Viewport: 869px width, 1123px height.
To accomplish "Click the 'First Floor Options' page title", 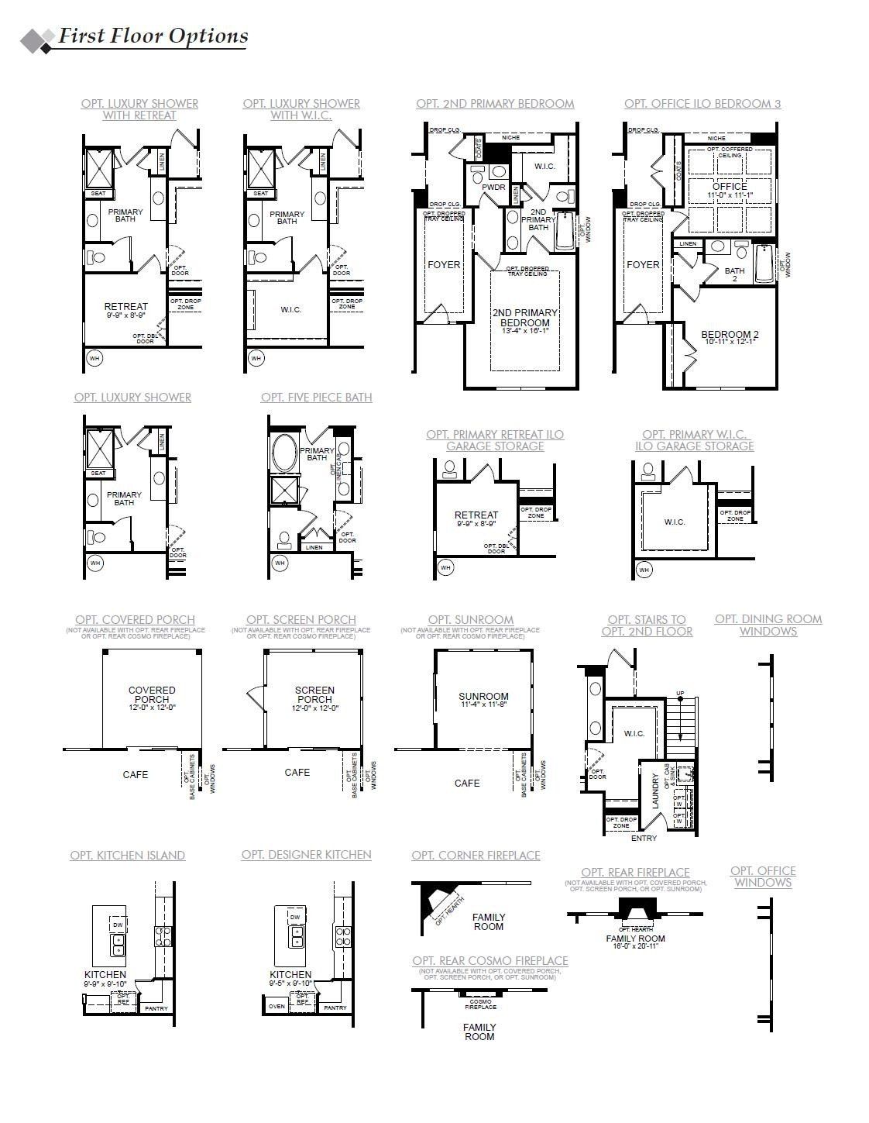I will [x=153, y=36].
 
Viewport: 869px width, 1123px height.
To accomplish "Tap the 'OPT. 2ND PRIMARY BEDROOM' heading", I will [x=495, y=103].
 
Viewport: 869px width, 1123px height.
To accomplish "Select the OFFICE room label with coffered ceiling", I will [x=730, y=186].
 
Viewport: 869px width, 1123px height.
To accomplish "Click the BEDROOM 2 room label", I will [x=730, y=335].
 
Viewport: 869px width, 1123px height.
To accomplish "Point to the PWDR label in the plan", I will [x=493, y=187].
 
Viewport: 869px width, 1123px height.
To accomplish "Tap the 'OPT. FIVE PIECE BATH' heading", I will [x=316, y=398].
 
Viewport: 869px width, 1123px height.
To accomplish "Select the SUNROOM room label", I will [x=483, y=697].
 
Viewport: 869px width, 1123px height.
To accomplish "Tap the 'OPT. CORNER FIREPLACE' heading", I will [x=476, y=855].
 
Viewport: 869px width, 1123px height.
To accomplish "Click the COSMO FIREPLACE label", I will [x=480, y=1004].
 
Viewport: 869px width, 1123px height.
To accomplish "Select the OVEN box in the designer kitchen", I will [x=276, y=1006].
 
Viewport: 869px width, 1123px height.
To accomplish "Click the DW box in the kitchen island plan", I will [x=118, y=925].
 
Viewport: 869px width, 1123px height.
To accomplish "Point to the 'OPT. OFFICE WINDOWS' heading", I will [x=763, y=877].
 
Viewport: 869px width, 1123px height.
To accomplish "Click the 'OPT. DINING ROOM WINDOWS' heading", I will [x=768, y=625].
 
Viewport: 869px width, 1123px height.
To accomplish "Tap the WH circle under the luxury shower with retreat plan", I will [x=94, y=358].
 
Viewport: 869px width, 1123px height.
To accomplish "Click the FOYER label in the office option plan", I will [x=643, y=264].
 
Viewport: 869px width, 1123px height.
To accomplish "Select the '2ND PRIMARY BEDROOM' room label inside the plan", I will [x=524, y=317].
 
